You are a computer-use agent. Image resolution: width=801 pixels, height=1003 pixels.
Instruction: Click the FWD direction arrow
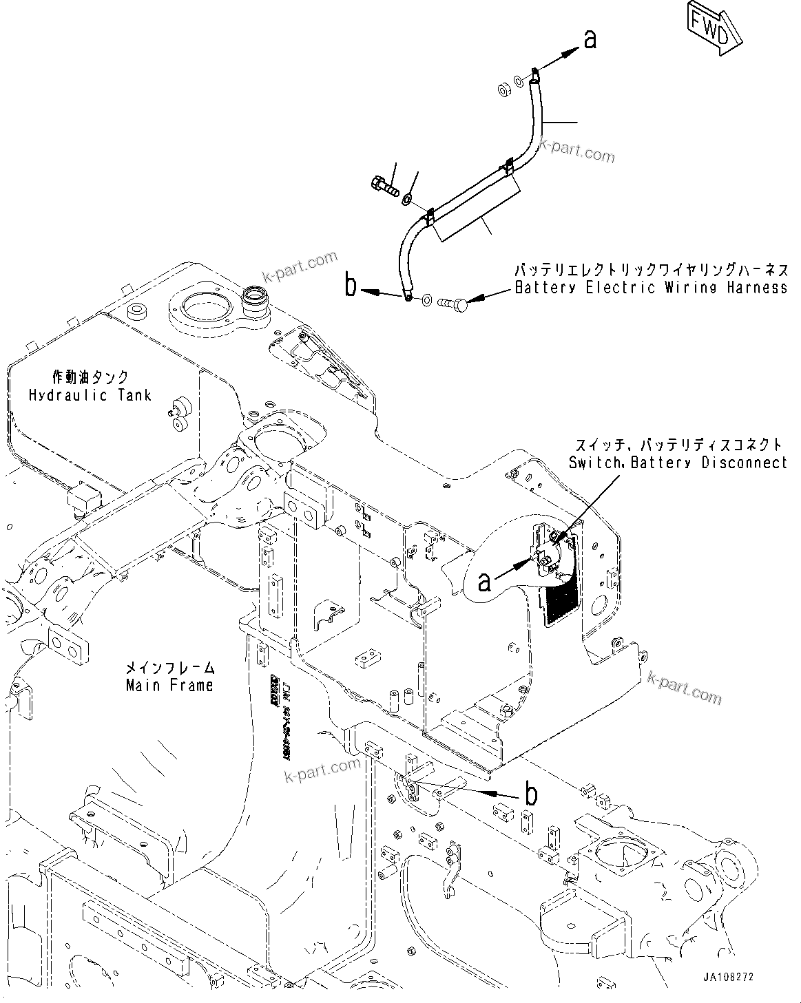click(714, 32)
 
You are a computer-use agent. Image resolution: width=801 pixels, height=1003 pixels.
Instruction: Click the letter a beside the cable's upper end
click(590, 41)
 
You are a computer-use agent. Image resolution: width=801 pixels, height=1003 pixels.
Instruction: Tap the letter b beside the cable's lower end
click(351, 285)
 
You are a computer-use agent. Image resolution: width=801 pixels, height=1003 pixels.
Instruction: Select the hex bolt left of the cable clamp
click(383, 186)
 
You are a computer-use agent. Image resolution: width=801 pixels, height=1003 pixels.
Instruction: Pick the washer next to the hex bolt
click(407, 200)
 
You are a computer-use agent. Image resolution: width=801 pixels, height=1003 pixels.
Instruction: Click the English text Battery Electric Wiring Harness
click(652, 288)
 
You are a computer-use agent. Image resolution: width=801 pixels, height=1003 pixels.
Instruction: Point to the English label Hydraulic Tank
click(90, 395)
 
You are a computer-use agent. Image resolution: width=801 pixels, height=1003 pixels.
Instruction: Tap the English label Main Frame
click(169, 685)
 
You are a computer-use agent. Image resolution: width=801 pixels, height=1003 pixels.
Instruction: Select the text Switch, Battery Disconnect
click(678, 463)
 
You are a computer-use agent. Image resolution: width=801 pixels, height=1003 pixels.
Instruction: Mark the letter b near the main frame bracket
click(531, 795)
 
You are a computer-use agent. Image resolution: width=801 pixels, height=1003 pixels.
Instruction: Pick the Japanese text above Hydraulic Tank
click(90, 377)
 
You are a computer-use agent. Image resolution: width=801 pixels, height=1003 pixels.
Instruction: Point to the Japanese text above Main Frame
click(169, 668)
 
